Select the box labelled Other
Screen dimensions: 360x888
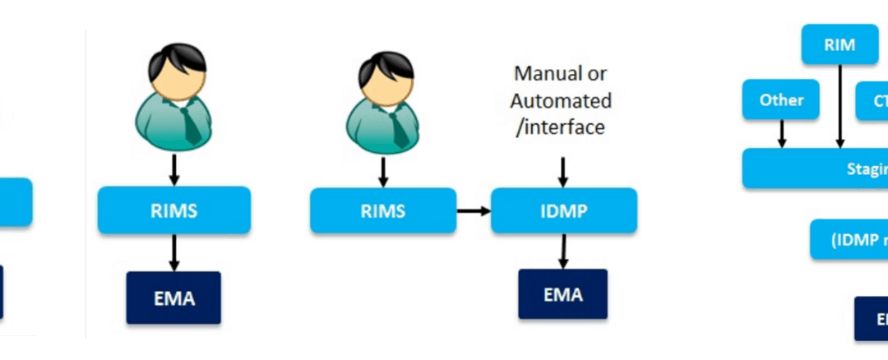click(781, 99)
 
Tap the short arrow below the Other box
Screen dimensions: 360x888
click(781, 132)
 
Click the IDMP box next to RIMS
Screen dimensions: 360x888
click(563, 210)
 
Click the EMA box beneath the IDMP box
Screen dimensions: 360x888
click(562, 294)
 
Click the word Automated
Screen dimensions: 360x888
click(561, 100)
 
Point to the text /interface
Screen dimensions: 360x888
click(559, 127)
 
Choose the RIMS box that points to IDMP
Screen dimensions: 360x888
click(382, 210)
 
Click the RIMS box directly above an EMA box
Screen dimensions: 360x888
click(173, 210)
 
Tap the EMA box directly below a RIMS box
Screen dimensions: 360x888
click(173, 298)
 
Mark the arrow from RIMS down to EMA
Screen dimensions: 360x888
click(173, 252)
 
